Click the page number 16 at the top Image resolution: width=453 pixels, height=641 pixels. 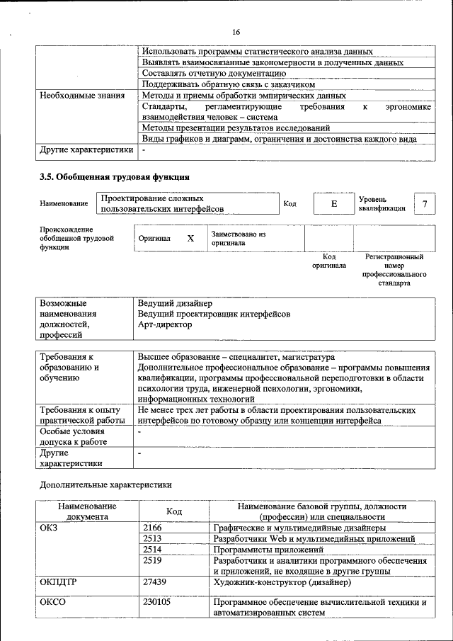click(236, 32)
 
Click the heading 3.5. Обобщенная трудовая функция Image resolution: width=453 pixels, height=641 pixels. click(113, 176)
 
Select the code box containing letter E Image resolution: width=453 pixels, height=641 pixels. click(333, 204)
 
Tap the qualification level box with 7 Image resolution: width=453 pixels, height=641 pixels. click(425, 204)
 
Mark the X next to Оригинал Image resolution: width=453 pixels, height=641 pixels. click(190, 239)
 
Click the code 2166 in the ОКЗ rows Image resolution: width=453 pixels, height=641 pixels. click(152, 528)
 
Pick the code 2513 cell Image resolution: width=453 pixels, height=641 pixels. click(152, 538)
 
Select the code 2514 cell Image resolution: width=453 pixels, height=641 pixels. click(152, 549)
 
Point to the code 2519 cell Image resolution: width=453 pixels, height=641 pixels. click(152, 560)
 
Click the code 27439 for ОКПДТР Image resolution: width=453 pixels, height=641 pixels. click(154, 582)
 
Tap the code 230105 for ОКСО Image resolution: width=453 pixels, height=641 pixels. click(156, 603)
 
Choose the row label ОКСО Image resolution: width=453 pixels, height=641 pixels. click(53, 603)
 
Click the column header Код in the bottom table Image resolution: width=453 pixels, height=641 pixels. click(174, 511)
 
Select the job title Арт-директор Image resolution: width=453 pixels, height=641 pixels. click(164, 324)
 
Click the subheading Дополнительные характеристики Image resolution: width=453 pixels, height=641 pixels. click(105, 485)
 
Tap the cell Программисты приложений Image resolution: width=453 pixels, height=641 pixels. click(268, 549)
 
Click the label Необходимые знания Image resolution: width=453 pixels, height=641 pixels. click(82, 95)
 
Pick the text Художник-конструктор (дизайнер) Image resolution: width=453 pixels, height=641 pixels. click(282, 582)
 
